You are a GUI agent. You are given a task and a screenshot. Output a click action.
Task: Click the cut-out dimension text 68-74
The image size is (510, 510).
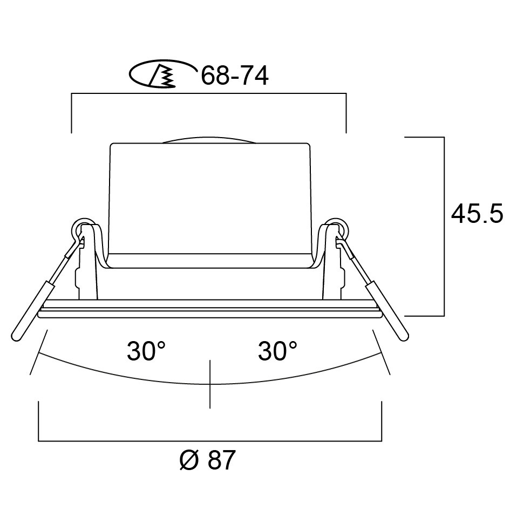(x=235, y=76)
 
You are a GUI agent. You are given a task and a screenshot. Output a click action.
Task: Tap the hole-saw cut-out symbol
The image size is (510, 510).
(x=162, y=74)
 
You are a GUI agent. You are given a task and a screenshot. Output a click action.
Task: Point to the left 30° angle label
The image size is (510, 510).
(x=146, y=351)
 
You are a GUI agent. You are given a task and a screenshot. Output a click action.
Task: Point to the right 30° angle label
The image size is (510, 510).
(x=277, y=351)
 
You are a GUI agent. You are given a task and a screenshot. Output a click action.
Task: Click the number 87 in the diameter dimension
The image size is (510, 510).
(x=221, y=460)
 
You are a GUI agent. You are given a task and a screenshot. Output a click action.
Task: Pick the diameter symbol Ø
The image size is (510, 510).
(x=189, y=460)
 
